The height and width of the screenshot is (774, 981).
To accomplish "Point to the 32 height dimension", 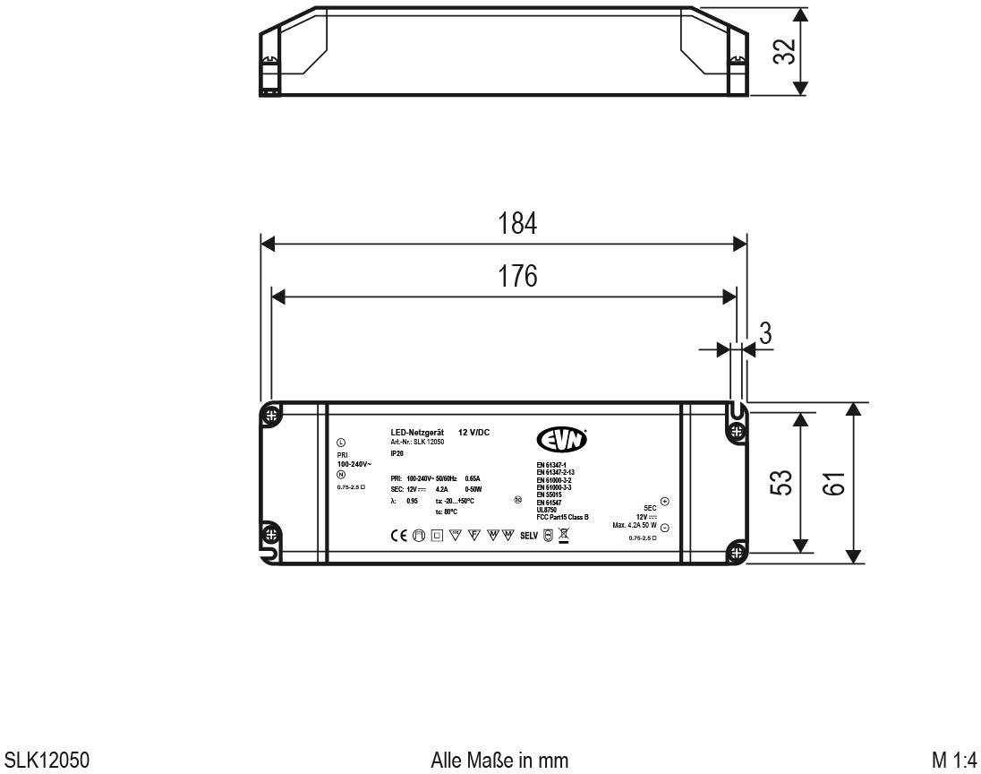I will tap(784, 52).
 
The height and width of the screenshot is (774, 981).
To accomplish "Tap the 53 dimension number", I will tap(781, 483).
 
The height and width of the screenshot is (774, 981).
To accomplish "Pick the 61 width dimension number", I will tap(835, 483).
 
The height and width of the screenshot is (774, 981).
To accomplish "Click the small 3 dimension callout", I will tap(765, 333).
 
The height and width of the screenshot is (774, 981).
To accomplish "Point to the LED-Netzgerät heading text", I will tap(418, 433).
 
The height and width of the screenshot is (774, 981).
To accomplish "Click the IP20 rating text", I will tap(397, 454).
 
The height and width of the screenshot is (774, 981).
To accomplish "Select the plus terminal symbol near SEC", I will tap(664, 502).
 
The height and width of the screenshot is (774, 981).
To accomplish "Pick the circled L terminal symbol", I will tap(340, 443).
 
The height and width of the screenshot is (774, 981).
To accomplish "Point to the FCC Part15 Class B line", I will tap(562, 517).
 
